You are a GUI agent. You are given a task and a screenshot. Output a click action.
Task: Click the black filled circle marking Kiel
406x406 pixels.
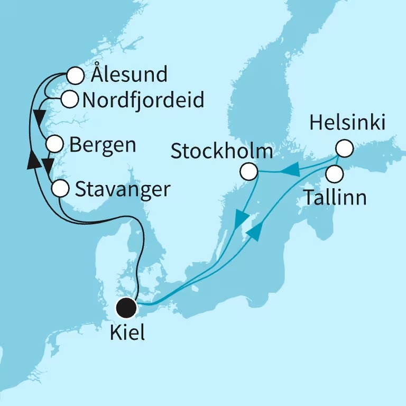pos(127,307)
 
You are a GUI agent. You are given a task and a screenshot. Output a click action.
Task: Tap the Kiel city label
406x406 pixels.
pos(127,334)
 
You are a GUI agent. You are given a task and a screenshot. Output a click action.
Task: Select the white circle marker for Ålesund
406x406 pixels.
pos(76,76)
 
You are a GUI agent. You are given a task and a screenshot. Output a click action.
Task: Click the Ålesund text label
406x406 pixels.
pos(128,75)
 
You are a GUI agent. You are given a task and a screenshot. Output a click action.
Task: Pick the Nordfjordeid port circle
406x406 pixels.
pos(69,98)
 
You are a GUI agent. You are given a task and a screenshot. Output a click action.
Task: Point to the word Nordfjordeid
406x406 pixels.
pos(140,99)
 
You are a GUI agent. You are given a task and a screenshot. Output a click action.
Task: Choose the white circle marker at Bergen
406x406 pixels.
pos(55,144)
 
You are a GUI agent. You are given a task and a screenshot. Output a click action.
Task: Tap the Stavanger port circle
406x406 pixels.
pos(60,188)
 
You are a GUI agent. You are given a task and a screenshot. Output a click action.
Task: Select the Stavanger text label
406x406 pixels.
pos(123,189)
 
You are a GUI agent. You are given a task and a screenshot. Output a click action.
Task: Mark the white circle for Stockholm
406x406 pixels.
pos(248,171)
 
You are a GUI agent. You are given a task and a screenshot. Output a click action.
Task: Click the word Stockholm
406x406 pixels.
pos(222,153)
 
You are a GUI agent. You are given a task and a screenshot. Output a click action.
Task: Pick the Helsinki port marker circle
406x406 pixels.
pos(344,148)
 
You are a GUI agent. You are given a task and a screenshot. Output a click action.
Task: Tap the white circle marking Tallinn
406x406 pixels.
pos(334,172)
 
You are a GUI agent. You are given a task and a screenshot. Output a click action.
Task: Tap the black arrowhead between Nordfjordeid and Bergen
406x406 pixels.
pos(38,115)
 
